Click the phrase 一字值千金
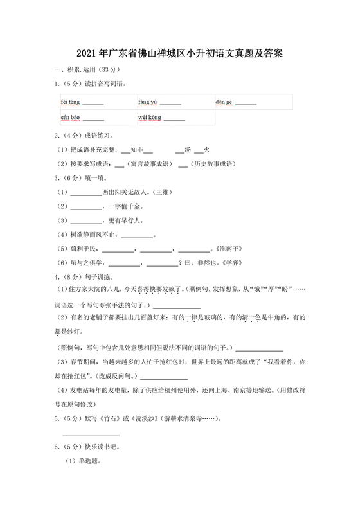(127, 206)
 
